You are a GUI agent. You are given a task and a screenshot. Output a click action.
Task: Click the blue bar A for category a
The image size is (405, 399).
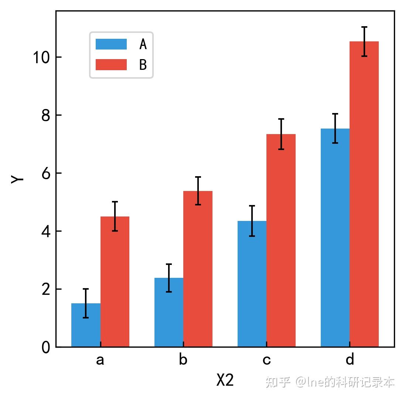point(86,325)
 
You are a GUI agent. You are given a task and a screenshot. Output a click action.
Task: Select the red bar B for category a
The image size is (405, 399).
point(115,282)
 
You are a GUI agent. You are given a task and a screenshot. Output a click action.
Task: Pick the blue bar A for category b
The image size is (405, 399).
point(169,312)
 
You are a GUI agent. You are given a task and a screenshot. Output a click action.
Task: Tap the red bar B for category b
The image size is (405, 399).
point(198,269)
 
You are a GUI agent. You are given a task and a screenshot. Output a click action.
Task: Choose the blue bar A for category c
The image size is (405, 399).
point(252,284)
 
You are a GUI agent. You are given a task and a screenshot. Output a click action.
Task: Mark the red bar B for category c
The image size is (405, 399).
point(281,241)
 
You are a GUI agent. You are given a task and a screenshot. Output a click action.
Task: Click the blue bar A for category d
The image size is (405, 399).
point(335,238)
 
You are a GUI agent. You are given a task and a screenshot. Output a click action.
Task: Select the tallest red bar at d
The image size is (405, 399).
point(364,194)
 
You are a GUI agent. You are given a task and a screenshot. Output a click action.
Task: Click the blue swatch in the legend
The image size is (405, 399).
point(111,44)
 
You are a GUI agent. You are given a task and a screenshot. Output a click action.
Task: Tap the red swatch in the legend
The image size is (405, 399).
point(111,65)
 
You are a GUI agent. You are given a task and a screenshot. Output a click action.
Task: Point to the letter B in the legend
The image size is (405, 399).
point(143,65)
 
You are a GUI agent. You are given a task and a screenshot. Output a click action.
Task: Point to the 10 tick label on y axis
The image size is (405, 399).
point(41,57)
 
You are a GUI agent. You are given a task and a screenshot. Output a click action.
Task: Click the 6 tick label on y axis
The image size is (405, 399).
point(46,173)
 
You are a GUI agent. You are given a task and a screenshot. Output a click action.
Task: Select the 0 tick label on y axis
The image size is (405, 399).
point(46,347)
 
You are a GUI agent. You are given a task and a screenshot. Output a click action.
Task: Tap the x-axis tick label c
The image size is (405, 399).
point(266,360)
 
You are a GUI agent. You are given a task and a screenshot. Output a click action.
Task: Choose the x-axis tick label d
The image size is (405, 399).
point(350,359)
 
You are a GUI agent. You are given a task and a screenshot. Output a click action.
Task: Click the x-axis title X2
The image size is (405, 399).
point(225,380)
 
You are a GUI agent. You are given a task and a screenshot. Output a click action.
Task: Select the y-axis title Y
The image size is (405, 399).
point(17,179)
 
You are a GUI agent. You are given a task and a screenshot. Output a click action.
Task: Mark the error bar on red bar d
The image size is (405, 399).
point(364,41)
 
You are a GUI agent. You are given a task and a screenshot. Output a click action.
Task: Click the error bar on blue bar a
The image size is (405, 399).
point(86,303)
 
